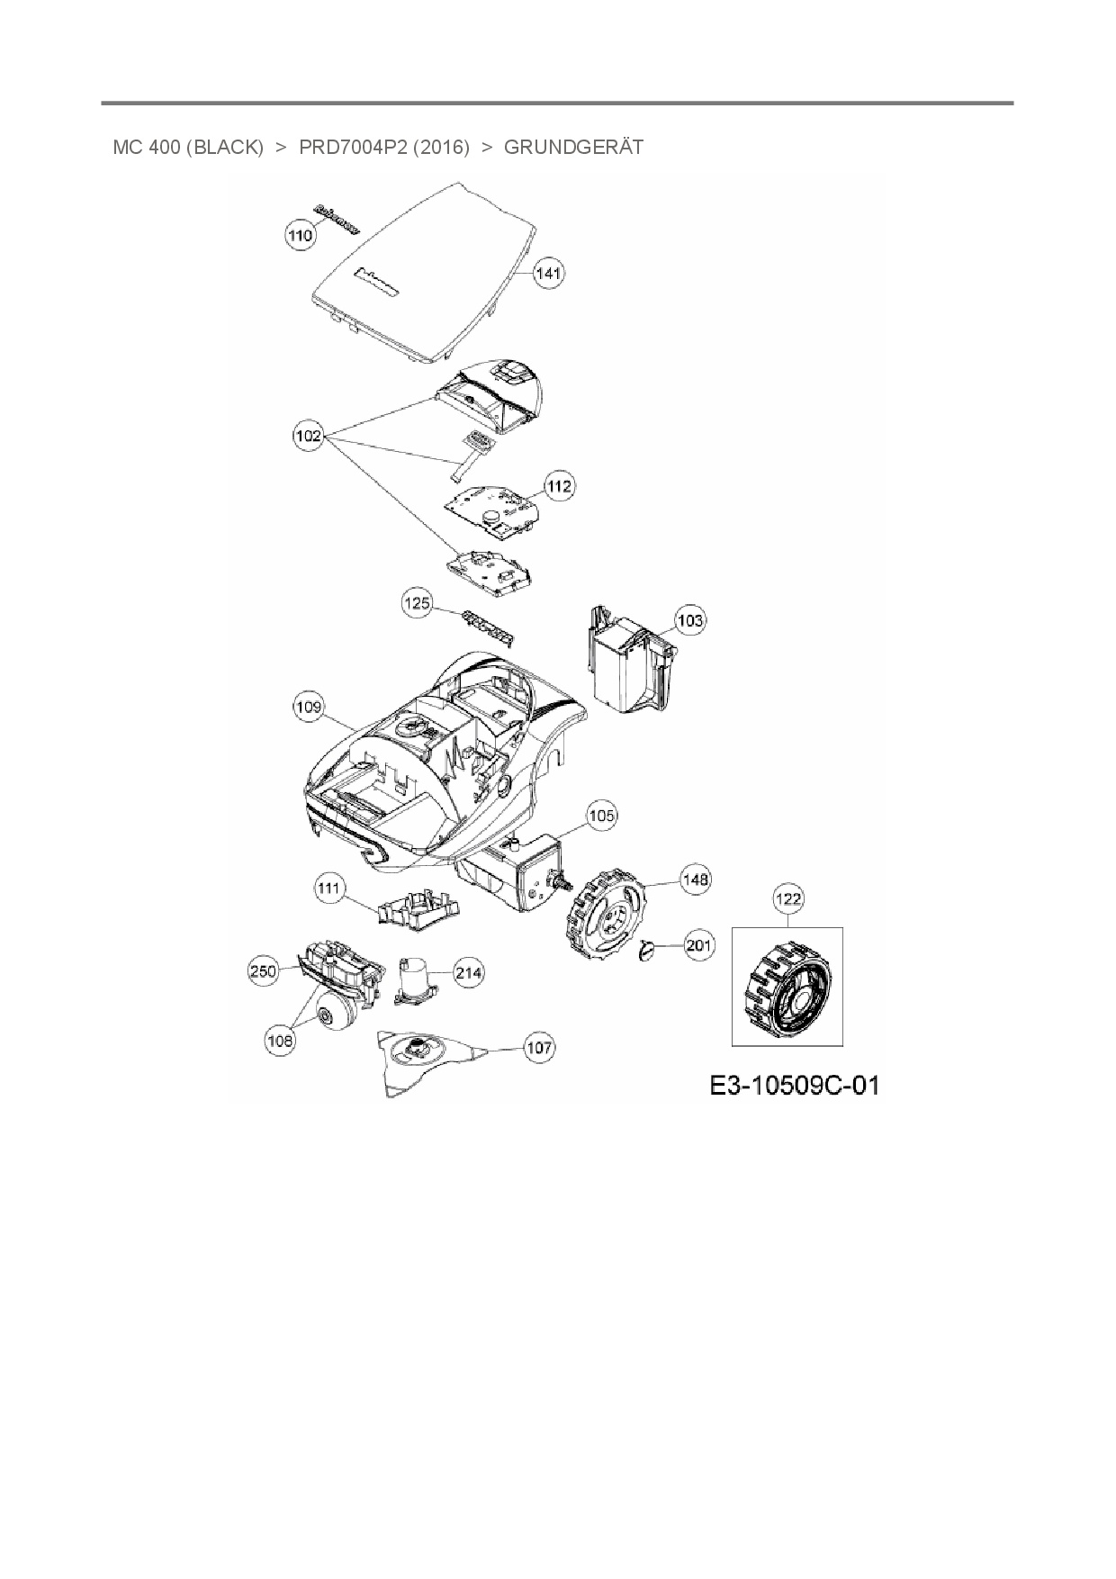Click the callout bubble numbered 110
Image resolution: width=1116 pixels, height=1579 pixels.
click(300, 235)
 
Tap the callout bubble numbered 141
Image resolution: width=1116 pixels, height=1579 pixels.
click(549, 273)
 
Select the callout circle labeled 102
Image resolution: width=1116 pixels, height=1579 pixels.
click(308, 436)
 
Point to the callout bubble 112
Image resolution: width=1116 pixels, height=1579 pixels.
click(559, 486)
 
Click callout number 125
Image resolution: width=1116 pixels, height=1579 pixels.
click(417, 603)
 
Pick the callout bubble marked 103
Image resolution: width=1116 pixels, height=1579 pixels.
click(689, 620)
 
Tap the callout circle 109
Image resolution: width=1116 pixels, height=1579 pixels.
click(308, 708)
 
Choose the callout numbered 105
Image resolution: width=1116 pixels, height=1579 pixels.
click(601, 816)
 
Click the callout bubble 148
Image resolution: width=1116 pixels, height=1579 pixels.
click(696, 880)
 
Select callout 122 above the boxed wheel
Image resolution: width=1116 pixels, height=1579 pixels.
click(788, 898)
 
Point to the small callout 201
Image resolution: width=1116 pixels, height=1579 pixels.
click(699, 945)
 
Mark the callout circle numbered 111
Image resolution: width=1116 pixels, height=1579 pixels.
click(329, 889)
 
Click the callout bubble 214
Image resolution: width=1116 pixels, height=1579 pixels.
click(468, 973)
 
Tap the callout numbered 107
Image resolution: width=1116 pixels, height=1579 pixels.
click(539, 1048)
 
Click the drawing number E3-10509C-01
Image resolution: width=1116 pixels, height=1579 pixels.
click(794, 1085)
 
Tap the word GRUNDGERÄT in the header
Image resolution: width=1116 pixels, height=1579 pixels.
click(573, 147)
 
